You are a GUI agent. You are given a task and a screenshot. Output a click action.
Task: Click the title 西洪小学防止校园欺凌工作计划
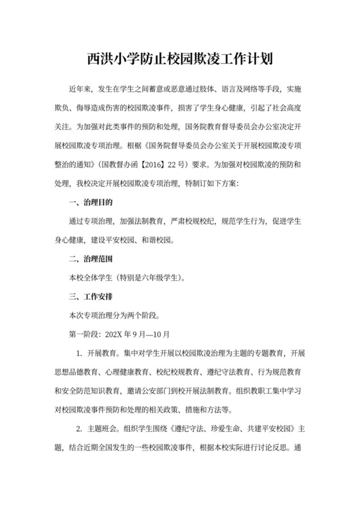pyautogui.click(x=180, y=60)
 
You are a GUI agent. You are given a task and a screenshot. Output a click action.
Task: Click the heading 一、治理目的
pyautogui.click(x=91, y=203)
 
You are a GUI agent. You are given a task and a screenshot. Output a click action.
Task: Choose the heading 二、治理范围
pyautogui.click(x=91, y=260)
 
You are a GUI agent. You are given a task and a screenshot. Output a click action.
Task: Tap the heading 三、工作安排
pyautogui.click(x=91, y=297)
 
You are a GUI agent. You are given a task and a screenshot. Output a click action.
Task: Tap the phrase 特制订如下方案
pyautogui.click(x=206, y=184)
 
